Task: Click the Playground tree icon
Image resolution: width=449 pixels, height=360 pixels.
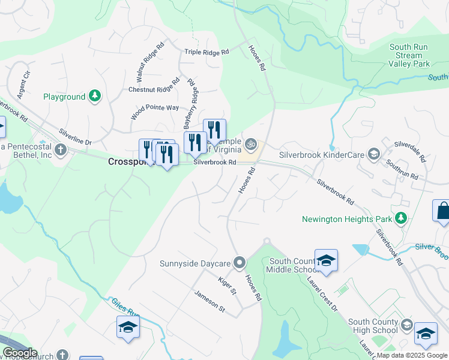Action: tap(94, 96)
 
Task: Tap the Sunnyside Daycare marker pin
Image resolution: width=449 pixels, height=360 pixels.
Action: tap(240, 263)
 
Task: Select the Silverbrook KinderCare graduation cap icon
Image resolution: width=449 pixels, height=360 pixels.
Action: tap(374, 155)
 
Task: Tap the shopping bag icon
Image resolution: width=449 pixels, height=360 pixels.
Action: tap(443, 211)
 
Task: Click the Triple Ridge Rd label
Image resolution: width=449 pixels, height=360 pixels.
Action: tap(207, 53)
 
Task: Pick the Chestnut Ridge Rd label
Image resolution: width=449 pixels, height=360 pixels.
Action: tap(154, 85)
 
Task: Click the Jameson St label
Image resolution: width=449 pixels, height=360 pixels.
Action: tap(209, 302)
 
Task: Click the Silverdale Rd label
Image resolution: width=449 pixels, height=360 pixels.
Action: tap(414, 153)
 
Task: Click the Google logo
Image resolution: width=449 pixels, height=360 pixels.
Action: tap(19, 353)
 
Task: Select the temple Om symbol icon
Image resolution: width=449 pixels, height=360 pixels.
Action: tap(252, 143)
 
